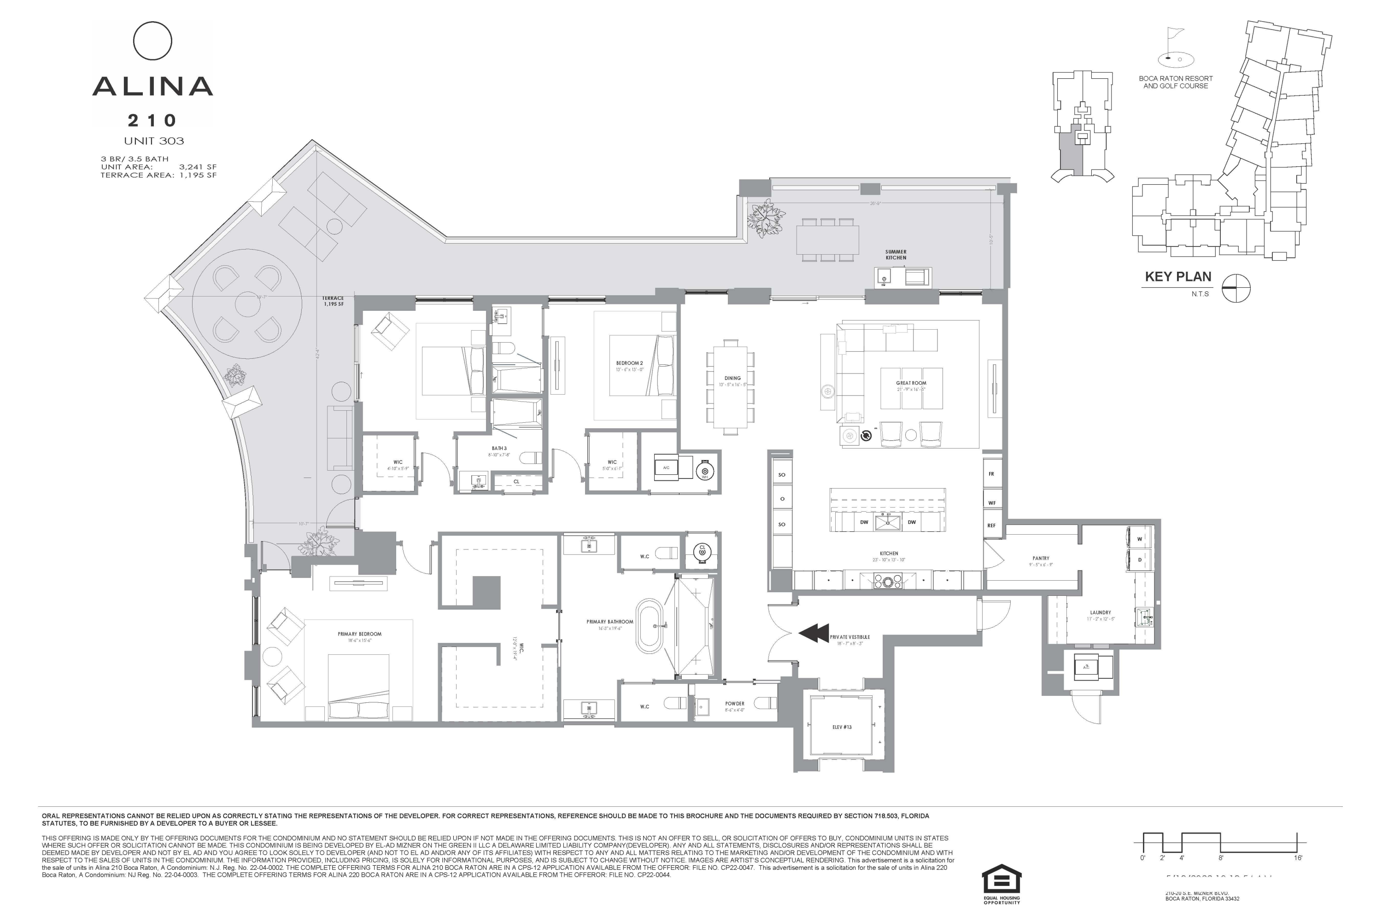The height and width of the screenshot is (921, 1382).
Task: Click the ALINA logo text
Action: coord(153,87)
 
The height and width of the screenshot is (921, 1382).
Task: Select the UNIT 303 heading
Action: coord(154,141)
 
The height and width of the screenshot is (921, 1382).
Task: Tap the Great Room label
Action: coord(911,383)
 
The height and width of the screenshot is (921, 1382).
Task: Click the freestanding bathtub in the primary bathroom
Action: coord(650,626)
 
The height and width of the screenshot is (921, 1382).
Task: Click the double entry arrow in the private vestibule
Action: coord(814,634)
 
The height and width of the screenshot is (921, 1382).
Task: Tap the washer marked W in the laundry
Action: coord(1139,539)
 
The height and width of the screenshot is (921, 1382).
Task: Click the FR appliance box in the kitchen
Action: coord(991,474)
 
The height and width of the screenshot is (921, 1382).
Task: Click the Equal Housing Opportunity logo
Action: coord(1002,880)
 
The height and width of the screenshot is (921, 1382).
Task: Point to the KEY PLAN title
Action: coord(1177,277)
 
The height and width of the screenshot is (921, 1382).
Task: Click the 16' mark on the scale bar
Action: coord(1297,857)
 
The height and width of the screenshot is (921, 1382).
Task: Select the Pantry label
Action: coord(1041,559)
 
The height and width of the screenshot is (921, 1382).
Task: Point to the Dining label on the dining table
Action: coord(732,378)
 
